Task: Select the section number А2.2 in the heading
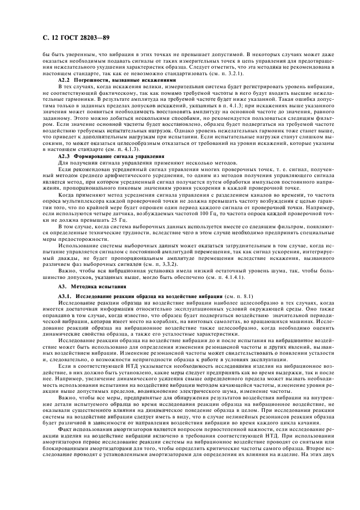[x=65, y=80]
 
